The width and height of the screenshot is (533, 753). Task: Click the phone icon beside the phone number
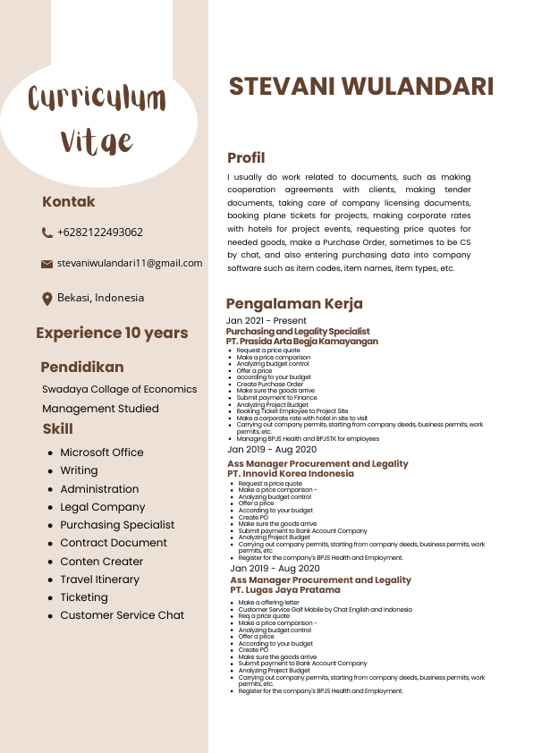tap(47, 233)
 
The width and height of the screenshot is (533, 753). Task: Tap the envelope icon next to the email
tap(47, 264)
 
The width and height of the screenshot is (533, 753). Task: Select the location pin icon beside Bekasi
tap(47, 299)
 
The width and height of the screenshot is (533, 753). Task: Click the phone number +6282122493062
tap(99, 233)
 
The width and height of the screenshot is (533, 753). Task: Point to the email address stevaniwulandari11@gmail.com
tap(130, 264)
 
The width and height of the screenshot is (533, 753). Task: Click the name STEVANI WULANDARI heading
tap(361, 87)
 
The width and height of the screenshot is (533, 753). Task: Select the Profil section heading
tap(246, 158)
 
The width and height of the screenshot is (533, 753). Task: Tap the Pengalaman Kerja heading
tap(298, 304)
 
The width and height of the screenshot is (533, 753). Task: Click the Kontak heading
tap(69, 202)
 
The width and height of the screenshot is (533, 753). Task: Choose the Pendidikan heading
tap(82, 368)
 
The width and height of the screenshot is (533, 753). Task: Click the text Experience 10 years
tap(112, 334)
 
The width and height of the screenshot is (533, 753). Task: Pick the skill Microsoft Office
tap(102, 453)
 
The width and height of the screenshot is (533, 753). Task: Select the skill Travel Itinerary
tap(100, 580)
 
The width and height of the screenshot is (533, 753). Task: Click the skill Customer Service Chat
tap(122, 615)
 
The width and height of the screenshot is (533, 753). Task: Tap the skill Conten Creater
tap(102, 562)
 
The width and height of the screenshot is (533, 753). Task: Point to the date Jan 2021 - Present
tap(266, 320)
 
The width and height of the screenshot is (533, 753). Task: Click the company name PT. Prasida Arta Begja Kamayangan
tap(301, 342)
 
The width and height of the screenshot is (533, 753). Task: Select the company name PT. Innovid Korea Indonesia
tap(291, 474)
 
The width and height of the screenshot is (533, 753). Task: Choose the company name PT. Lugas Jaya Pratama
tap(285, 590)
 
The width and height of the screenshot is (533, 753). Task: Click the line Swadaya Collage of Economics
tap(120, 390)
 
